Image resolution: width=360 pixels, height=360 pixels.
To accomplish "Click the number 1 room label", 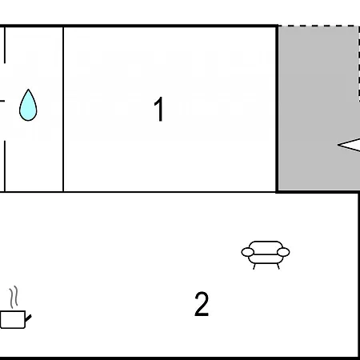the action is click(x=159, y=109).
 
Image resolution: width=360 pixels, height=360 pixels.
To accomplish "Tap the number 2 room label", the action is click(x=202, y=304).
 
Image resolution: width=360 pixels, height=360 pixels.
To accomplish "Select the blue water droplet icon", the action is click(x=28, y=105).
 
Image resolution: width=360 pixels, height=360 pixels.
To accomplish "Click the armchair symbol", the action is click(x=266, y=254).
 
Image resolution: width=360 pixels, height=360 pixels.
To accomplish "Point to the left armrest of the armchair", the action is click(x=248, y=252).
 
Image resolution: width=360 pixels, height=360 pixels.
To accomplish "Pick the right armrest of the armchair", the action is click(x=283, y=252).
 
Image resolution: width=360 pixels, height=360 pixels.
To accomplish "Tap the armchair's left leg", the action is click(x=254, y=266).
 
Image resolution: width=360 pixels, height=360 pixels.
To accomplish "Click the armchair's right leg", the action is click(x=278, y=266).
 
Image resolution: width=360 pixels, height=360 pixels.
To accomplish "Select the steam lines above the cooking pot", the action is click(x=14, y=297).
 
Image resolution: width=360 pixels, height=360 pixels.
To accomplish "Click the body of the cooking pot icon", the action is click(x=13, y=319).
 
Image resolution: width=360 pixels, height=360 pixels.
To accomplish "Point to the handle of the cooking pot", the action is click(x=28, y=318).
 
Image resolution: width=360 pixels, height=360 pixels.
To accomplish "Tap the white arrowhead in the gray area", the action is click(x=349, y=145).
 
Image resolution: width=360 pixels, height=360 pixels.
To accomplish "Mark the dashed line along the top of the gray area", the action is click(x=318, y=26).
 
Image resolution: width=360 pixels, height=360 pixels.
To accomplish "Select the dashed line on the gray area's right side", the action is click(x=359, y=63).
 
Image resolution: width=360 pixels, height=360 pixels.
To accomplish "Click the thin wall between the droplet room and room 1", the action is click(x=63, y=109).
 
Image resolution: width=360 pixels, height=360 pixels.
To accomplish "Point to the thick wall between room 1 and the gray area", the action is click(x=277, y=109).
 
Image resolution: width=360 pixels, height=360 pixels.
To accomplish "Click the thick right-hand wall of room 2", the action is click(x=359, y=274).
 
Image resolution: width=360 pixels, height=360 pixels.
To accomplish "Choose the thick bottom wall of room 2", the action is click(x=179, y=358).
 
